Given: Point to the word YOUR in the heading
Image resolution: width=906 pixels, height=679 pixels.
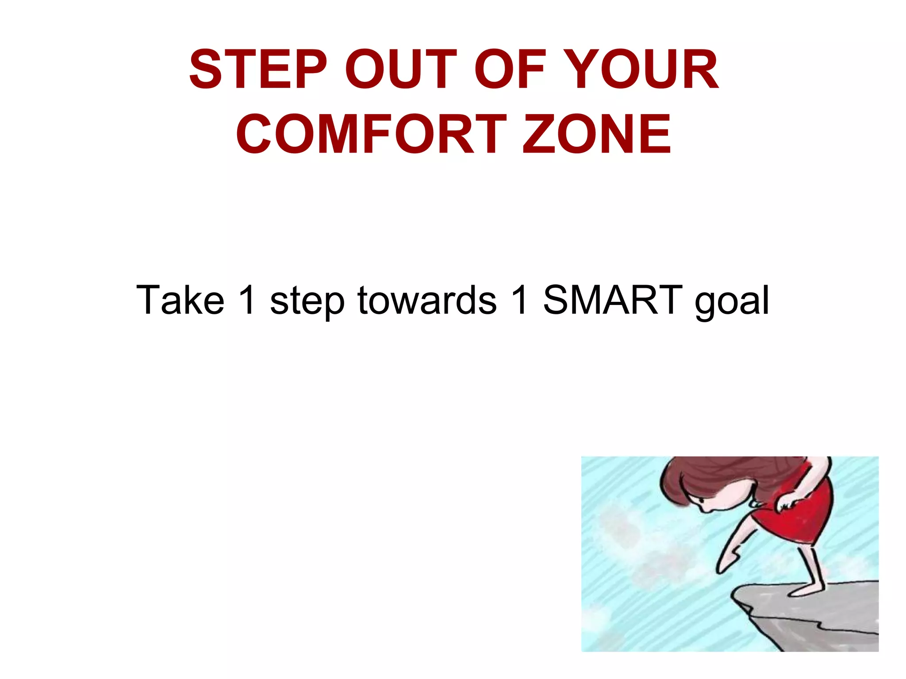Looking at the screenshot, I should click(641, 70).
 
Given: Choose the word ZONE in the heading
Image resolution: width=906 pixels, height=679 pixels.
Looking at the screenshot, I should click(597, 134).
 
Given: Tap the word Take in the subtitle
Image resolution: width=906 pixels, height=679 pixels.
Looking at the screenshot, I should click(180, 301).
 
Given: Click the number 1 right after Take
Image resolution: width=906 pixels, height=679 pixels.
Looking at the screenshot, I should click(246, 301).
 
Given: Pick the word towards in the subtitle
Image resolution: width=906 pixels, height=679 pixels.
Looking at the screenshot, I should click(427, 301).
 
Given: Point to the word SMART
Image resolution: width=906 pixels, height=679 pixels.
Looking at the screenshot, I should click(613, 301).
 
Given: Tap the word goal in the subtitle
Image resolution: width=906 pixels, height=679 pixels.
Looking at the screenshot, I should click(732, 303).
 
